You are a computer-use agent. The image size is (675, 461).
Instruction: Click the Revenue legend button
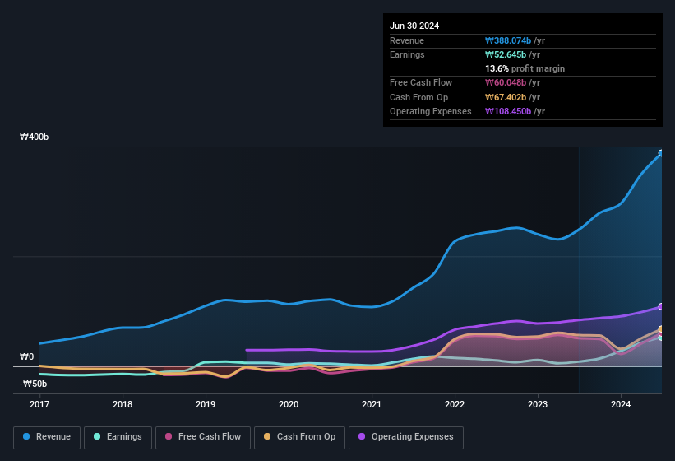click(x=48, y=437)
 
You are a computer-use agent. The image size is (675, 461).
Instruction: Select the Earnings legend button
click(x=118, y=437)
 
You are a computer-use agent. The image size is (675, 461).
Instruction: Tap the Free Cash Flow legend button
click(x=203, y=437)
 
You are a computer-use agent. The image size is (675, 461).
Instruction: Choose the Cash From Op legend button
click(x=298, y=437)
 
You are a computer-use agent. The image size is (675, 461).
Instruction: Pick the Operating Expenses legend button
click(x=406, y=437)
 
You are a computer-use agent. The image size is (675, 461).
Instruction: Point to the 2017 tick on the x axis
click(x=39, y=404)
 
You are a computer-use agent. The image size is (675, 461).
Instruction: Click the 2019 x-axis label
click(x=206, y=404)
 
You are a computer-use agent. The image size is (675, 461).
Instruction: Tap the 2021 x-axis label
click(x=372, y=404)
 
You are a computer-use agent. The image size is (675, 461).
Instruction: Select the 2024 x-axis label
click(x=621, y=404)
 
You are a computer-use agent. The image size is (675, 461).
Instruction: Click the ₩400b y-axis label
click(x=35, y=137)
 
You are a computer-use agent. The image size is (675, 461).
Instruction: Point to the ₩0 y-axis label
click(x=28, y=357)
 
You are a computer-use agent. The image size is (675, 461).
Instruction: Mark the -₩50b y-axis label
click(x=34, y=384)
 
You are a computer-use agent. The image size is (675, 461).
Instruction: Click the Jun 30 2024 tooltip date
click(x=414, y=26)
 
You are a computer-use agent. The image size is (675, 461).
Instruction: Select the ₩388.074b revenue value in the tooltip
click(x=515, y=40)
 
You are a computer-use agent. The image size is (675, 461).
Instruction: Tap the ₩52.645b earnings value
click(x=512, y=54)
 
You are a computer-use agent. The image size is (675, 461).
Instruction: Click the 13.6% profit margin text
click(x=525, y=68)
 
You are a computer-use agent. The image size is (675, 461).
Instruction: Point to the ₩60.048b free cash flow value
click(x=512, y=82)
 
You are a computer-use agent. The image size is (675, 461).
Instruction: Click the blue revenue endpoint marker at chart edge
click(x=661, y=153)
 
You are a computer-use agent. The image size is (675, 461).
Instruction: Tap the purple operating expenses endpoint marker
click(x=661, y=306)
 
